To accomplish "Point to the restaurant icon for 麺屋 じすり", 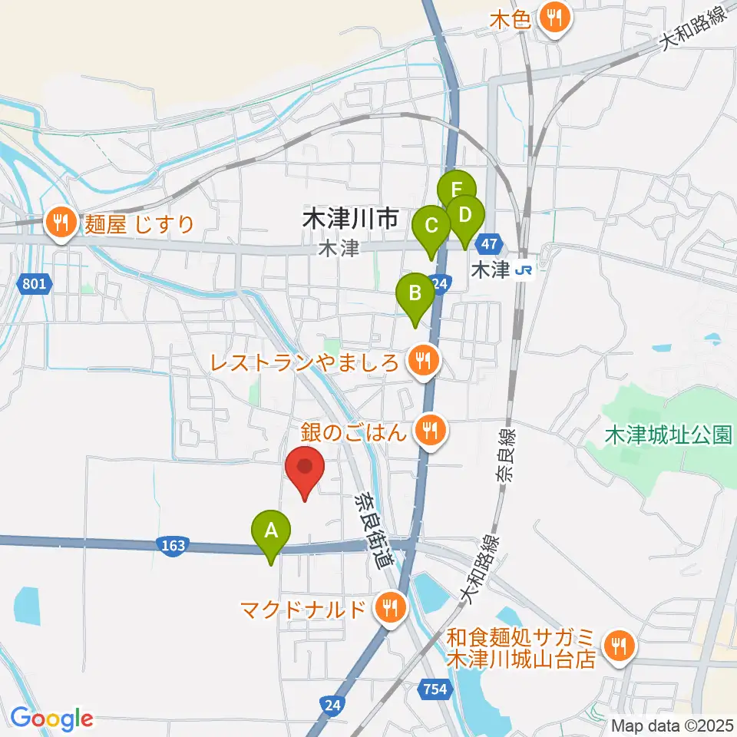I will tap(60, 223).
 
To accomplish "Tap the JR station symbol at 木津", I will tap(524, 270).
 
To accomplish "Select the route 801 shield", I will tap(35, 284).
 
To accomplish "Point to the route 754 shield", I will tap(435, 690).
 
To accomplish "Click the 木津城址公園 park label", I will tap(667, 435).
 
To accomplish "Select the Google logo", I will tap(51, 719).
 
